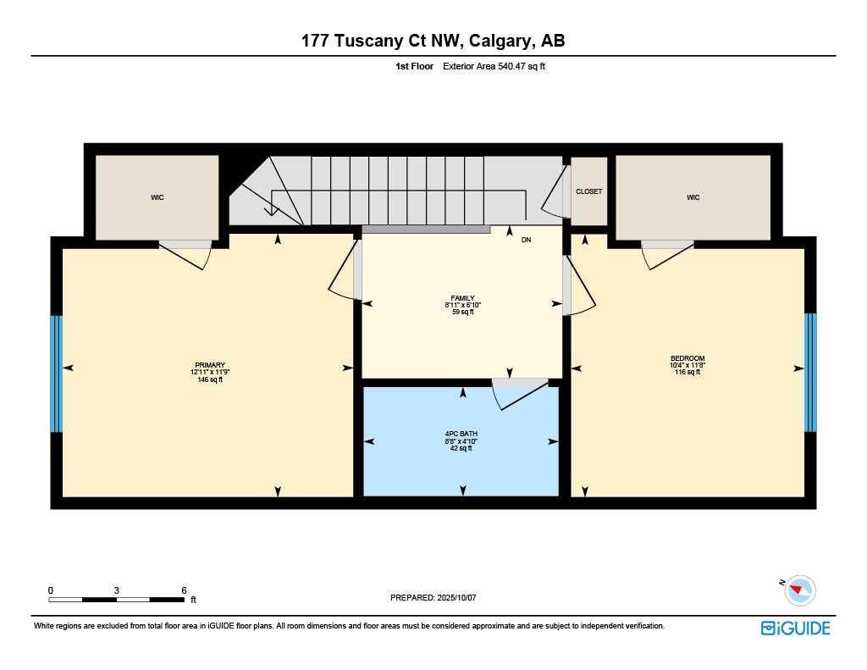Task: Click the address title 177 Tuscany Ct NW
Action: [433, 41]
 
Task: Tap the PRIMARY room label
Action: [207, 365]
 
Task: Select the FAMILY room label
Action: [462, 298]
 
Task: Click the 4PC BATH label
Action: [462, 434]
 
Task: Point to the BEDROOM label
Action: [687, 358]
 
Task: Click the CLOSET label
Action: [588, 191]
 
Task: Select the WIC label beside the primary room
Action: [157, 197]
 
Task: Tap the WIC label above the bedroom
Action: [693, 197]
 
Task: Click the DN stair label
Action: [526, 241]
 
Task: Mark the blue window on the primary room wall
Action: [57, 374]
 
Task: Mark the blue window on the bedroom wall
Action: [810, 372]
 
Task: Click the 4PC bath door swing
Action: [521, 393]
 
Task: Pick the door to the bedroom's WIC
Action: [666, 254]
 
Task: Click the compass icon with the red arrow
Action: [799, 590]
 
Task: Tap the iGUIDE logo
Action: [795, 628]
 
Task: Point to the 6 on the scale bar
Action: [184, 590]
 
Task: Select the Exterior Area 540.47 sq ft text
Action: [494, 66]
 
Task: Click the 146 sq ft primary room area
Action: [207, 379]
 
